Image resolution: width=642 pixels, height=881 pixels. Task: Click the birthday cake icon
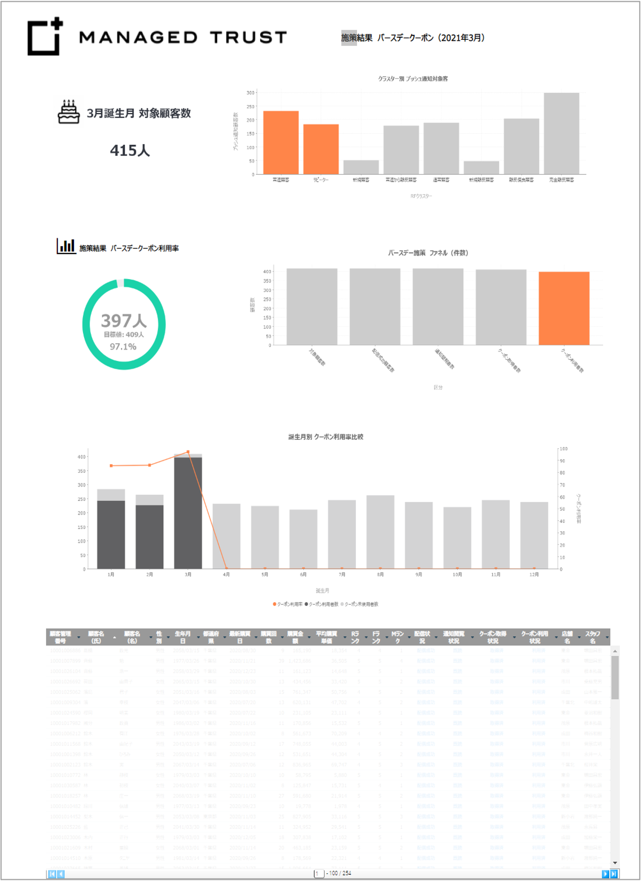(69, 112)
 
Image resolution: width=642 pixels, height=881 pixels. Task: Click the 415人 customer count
(130, 151)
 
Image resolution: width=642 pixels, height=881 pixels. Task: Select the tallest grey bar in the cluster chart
(561, 133)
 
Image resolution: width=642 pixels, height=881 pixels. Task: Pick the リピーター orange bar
(321, 149)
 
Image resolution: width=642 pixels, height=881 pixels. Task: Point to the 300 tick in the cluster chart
(250, 93)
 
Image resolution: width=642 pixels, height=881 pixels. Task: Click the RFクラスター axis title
(421, 196)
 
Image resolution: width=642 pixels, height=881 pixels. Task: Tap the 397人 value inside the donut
(124, 321)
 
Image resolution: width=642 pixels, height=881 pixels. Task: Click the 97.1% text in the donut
(123, 346)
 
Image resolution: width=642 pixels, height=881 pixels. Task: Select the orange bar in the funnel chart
(564, 308)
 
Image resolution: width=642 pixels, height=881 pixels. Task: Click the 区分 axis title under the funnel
(438, 387)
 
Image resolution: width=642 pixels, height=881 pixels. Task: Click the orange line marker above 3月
(188, 452)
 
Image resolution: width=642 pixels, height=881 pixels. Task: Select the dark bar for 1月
(111, 534)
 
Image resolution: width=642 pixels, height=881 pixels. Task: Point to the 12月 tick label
(534, 574)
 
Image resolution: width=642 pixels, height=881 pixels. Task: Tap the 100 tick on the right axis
(564, 449)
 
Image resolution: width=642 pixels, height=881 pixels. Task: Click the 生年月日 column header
(182, 637)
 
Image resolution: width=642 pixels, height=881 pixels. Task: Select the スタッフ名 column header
(592, 637)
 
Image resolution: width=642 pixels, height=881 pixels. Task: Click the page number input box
(319, 873)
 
